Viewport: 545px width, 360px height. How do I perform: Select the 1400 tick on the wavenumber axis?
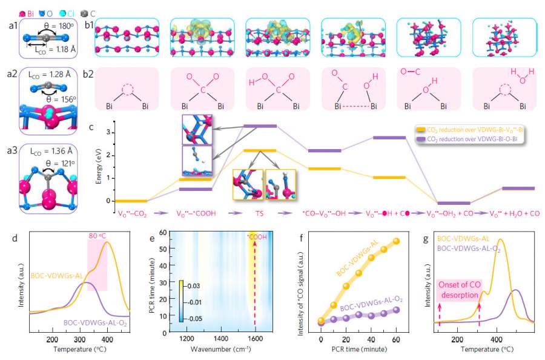click(x=221, y=339)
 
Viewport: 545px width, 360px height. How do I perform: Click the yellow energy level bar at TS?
click(x=259, y=150)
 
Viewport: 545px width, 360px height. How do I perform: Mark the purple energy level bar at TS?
click(x=259, y=126)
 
